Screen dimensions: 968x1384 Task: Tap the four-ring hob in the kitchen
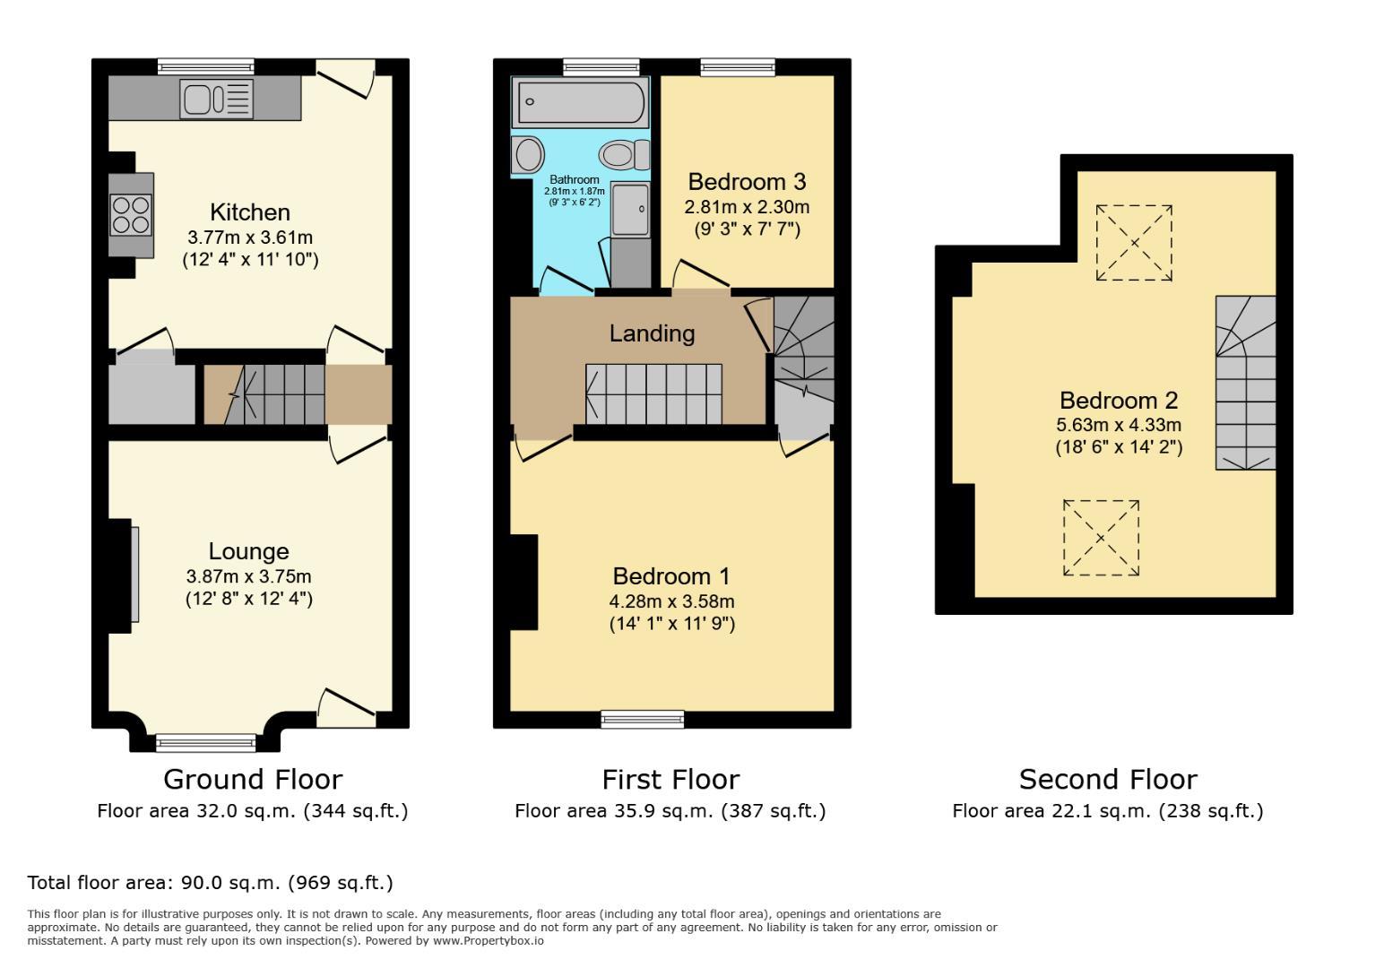pos(131,214)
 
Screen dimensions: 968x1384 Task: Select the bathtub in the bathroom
pos(578,102)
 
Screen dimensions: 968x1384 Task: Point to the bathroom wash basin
pos(528,155)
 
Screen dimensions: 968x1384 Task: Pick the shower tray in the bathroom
pos(631,209)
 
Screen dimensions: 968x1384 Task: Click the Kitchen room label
pos(250,212)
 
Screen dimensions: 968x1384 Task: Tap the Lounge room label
pos(248,551)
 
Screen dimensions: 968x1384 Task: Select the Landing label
pos(652,333)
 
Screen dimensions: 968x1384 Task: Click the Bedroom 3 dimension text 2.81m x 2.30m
pos(747,207)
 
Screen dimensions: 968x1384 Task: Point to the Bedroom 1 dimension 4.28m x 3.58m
pos(671,601)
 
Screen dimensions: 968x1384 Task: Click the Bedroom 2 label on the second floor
pos(1118,400)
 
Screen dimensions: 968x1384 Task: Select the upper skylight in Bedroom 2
pos(1134,243)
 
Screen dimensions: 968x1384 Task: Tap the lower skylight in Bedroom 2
pos(1101,538)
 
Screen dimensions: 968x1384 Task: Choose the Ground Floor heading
pos(252,779)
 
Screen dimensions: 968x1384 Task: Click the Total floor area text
pos(210,883)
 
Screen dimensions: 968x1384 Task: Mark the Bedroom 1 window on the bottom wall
pos(642,718)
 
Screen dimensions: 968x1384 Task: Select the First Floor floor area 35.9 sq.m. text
pos(670,811)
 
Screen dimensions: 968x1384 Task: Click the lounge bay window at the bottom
pos(205,742)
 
